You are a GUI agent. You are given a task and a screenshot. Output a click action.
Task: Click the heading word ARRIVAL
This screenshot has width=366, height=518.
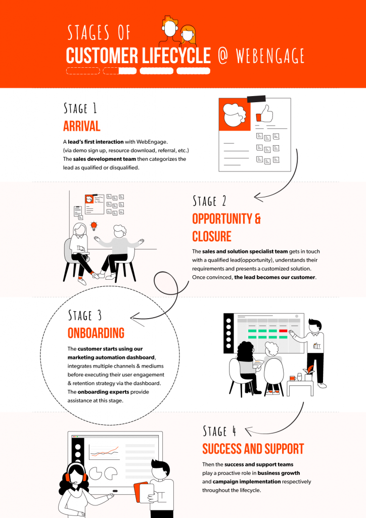pyautogui.click(x=82, y=126)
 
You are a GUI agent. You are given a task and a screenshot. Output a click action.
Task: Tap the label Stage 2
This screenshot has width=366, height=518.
pyautogui.click(x=209, y=201)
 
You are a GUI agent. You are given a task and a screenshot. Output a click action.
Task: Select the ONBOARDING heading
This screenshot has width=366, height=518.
pyautogui.click(x=96, y=333)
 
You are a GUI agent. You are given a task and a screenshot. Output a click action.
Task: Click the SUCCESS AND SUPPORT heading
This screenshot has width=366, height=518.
pyautogui.click(x=253, y=449)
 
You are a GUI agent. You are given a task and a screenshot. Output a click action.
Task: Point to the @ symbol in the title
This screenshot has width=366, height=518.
pyautogui.click(x=223, y=56)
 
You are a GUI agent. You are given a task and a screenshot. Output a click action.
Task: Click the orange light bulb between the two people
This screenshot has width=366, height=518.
pyautogui.click(x=93, y=226)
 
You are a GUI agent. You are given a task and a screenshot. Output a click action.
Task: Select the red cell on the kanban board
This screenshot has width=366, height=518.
pyautogui.click(x=283, y=331)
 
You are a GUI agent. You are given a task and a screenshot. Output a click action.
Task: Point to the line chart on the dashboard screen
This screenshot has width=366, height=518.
pyautogui.click(x=104, y=451)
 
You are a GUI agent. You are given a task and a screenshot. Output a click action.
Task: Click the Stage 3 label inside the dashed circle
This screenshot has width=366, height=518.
pyautogui.click(x=85, y=315)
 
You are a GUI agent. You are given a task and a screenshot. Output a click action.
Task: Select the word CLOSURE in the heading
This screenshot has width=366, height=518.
pyautogui.click(x=212, y=236)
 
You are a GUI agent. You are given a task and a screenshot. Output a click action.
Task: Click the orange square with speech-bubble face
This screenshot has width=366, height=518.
pyautogui.click(x=235, y=115)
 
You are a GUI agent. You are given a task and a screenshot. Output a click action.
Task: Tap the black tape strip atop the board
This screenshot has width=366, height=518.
pyautogui.click(x=258, y=98)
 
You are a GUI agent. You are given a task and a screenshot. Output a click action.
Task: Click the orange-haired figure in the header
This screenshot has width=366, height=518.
pyautogui.click(x=188, y=35)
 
